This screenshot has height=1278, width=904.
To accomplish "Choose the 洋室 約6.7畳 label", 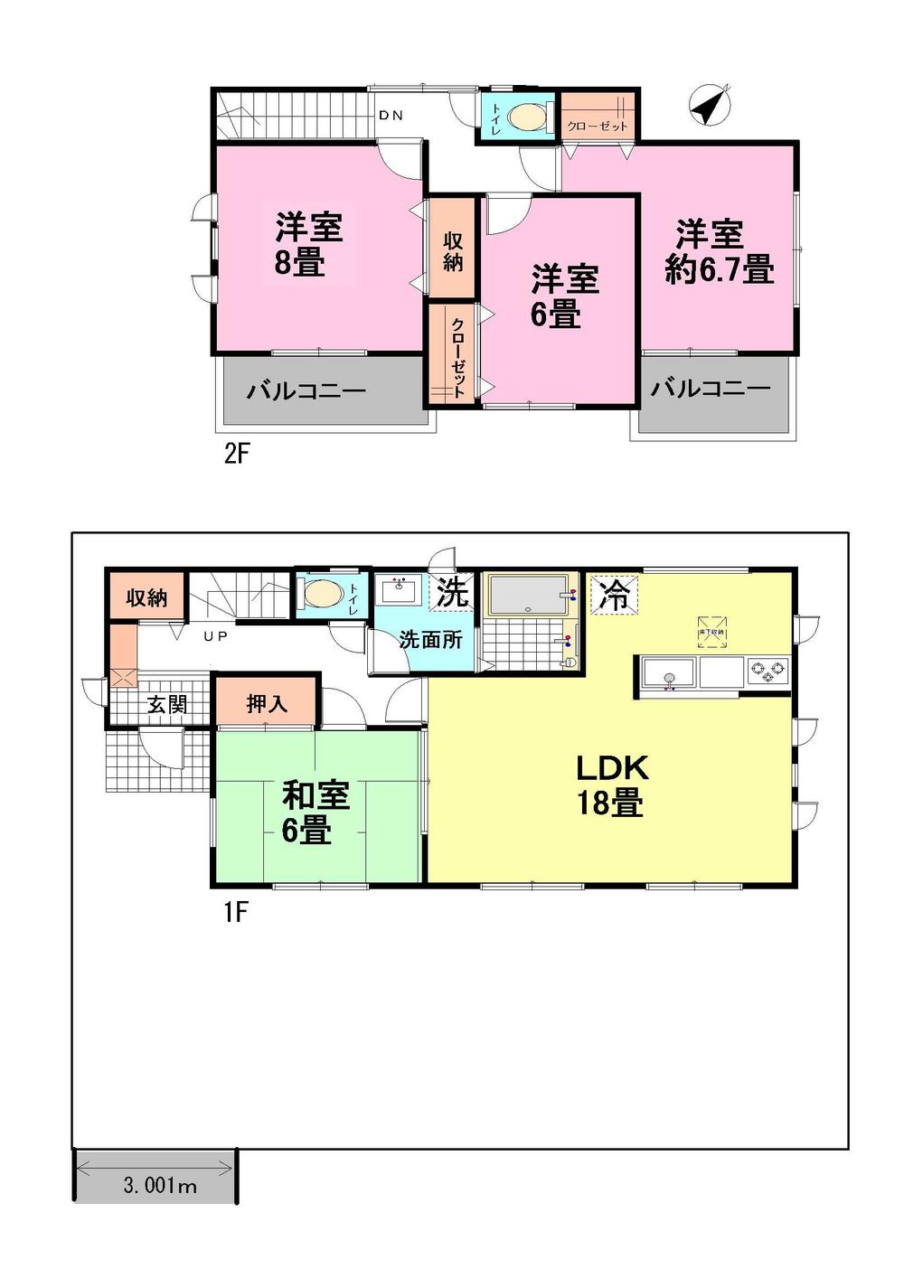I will coord(718,252).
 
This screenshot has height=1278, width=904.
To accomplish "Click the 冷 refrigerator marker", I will coord(615,596).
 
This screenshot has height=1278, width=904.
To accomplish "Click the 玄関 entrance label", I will coord(167,704).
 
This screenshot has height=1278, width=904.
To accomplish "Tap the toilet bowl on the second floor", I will coord(528,117).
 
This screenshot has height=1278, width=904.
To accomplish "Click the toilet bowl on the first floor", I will coord(324,595).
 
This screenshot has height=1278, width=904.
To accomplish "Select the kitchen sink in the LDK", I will coord(668,674).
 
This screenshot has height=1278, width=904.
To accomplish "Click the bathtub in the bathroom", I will coord(528,596).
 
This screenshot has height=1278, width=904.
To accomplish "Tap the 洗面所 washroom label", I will coord(431,640).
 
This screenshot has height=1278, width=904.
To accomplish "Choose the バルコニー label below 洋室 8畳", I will coord(306,391).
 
